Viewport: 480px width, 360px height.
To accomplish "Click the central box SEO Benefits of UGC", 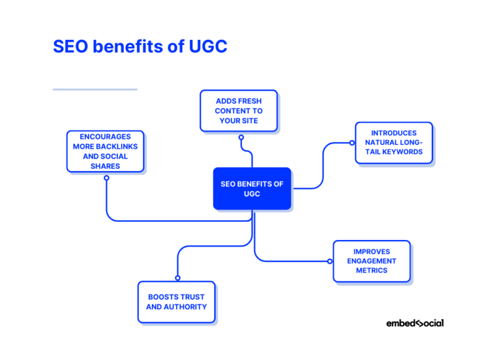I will (x=252, y=188).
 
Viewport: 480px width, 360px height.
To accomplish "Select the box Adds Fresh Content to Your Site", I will (x=239, y=111).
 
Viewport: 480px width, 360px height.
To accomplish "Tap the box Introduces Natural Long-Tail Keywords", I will (x=394, y=142).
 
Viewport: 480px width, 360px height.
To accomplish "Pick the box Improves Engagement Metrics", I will (x=371, y=261).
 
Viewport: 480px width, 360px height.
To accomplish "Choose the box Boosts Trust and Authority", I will (x=176, y=302).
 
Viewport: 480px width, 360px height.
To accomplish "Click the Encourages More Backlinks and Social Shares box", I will (x=105, y=151).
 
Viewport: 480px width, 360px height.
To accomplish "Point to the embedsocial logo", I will (x=415, y=323).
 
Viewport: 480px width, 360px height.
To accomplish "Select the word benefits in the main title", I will (x=127, y=47).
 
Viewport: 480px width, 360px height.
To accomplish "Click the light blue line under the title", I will (x=94, y=89).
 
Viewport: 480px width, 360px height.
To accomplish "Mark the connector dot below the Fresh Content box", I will (x=241, y=141).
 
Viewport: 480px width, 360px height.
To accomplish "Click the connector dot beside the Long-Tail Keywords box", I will (x=352, y=143).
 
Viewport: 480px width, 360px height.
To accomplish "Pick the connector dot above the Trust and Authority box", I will (x=177, y=277).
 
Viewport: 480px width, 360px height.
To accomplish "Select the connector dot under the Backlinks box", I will (x=106, y=178).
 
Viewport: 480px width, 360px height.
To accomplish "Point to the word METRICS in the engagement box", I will (x=372, y=270).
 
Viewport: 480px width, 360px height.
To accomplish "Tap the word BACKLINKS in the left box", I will (x=117, y=147).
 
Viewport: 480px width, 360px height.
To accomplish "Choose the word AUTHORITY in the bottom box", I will (x=186, y=307).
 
